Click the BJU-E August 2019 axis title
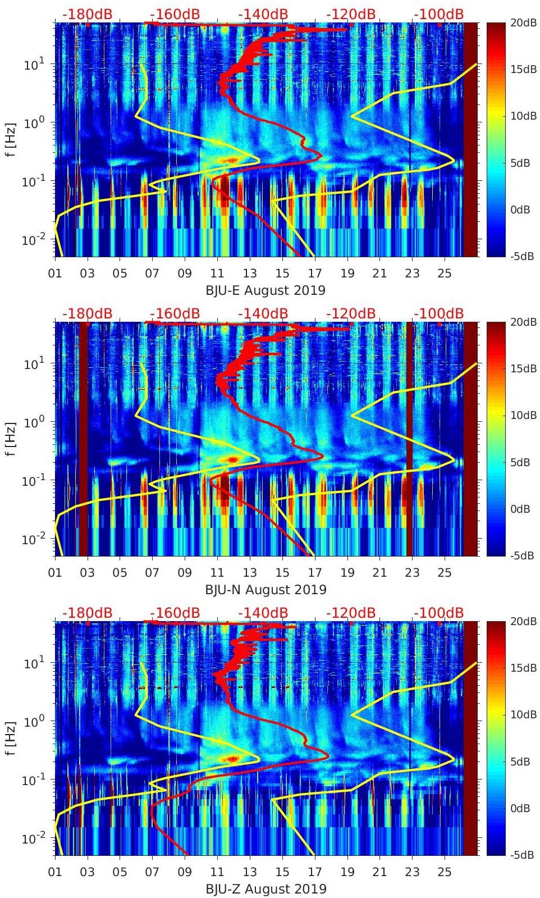pyautogui.click(x=266, y=290)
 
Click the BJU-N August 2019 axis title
pyautogui.click(x=266, y=590)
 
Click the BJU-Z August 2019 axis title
pyautogui.click(x=266, y=889)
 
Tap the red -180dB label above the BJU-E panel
pyautogui.click(x=88, y=14)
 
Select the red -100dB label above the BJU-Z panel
pyautogui.click(x=439, y=613)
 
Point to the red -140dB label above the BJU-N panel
pyautogui.click(x=263, y=313)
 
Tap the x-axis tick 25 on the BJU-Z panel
pyautogui.click(x=445, y=872)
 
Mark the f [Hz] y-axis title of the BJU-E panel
pyautogui.click(x=11, y=139)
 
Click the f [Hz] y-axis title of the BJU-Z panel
pyautogui.click(x=11, y=738)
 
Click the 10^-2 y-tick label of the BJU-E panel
pyautogui.click(x=33, y=240)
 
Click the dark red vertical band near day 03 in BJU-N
pyautogui.click(x=83, y=438)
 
